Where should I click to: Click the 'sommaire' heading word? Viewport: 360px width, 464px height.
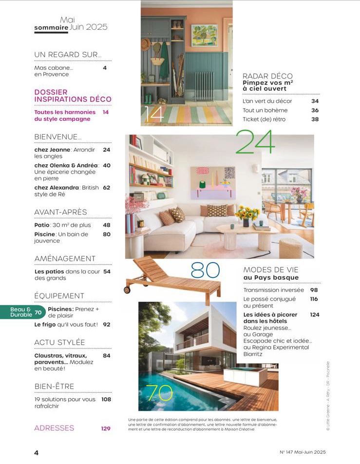click(51, 28)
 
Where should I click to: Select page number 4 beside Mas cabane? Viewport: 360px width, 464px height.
click(105, 68)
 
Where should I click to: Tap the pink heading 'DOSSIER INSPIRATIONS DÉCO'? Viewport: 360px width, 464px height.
click(73, 96)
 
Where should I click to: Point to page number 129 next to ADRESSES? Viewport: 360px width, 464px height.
click(106, 429)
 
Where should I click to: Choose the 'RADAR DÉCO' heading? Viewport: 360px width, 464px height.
click(267, 76)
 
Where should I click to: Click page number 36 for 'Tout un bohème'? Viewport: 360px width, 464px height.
click(315, 110)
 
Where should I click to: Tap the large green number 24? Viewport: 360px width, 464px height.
click(255, 142)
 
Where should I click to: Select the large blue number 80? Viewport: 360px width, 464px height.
click(205, 271)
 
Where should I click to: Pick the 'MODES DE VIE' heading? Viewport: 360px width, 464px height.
click(270, 270)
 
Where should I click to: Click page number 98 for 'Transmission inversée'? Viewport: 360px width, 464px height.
click(314, 290)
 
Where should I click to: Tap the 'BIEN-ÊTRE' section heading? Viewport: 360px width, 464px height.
click(54, 387)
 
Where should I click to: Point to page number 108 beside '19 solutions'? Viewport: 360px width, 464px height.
click(106, 400)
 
